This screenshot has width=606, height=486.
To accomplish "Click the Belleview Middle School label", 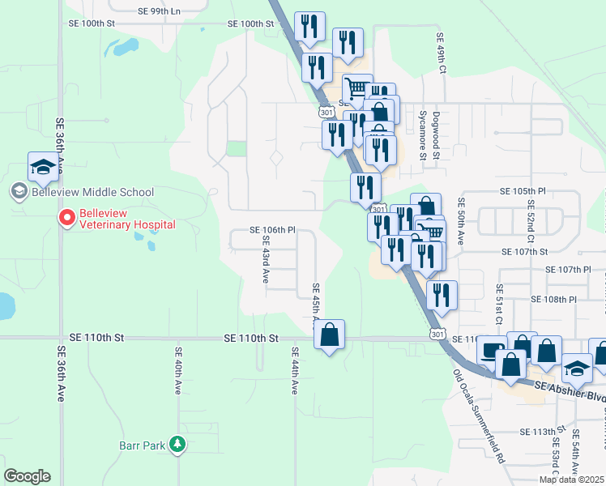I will pos(92,192).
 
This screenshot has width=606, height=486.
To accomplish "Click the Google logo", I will pos(27,476).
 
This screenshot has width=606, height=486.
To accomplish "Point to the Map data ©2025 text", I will pos(571,480).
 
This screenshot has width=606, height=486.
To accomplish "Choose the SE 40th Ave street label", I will pos(177,371).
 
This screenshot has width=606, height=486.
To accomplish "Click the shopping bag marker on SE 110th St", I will pos(329,335).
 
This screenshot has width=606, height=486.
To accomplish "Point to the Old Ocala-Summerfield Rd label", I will pos(478,409).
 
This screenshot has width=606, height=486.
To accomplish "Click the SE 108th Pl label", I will pos(553,299).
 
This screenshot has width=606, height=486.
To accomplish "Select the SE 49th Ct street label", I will pos(442,54).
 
